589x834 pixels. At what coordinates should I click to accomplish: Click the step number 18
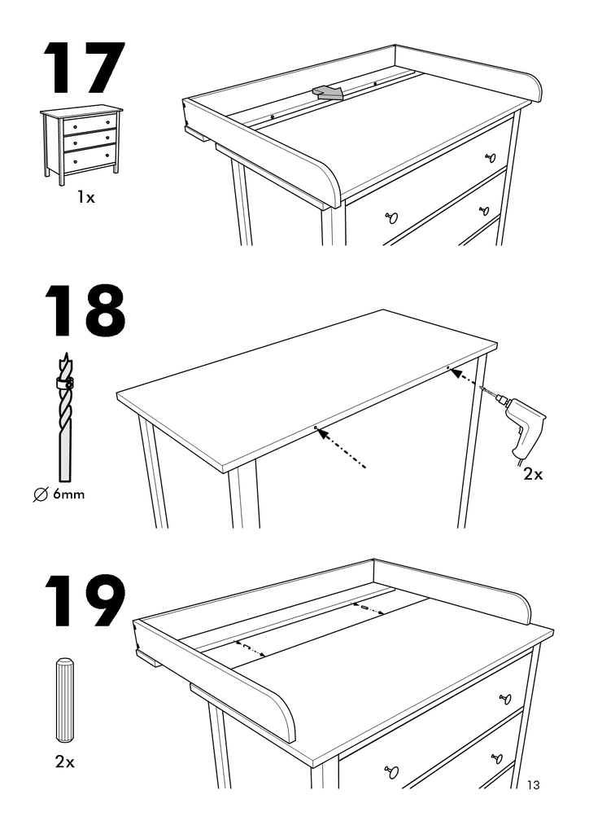click(83, 310)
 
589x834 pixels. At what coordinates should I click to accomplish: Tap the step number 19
click(83, 603)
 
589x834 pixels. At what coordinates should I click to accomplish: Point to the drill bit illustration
click(65, 415)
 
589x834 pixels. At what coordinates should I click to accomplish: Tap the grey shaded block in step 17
click(329, 93)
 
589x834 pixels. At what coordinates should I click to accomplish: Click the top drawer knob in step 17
click(490, 158)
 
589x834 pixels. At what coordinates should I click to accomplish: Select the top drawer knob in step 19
click(504, 699)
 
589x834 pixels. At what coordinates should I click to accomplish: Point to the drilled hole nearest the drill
click(448, 368)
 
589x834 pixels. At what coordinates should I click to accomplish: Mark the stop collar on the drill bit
click(64, 384)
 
